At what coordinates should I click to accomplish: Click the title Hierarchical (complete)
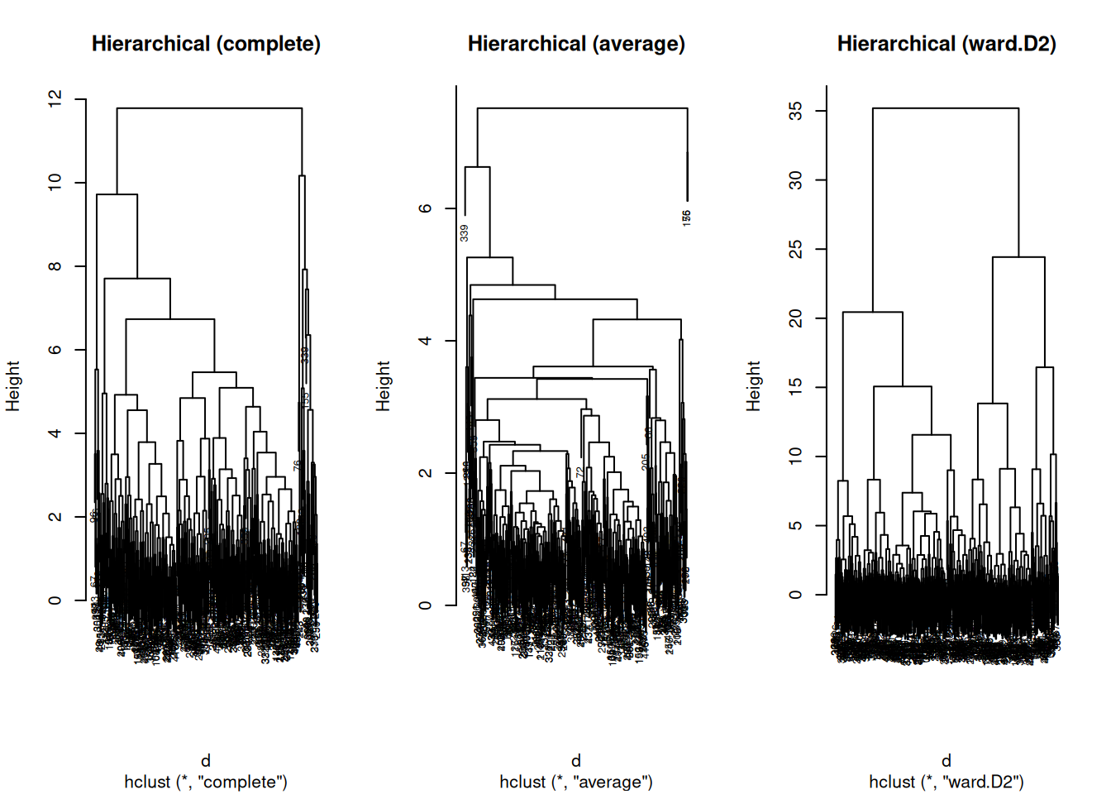coord(206,44)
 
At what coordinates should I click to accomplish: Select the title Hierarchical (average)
coord(576,44)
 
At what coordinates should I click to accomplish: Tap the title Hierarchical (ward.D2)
coord(946,44)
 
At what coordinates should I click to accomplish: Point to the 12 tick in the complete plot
coord(55,99)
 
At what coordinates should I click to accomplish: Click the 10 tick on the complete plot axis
coord(55,182)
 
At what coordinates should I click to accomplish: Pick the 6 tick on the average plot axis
coord(426,208)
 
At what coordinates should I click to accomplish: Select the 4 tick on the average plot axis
coord(426,341)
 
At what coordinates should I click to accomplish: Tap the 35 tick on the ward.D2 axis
coord(796,111)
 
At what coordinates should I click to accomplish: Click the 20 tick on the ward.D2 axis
coord(796,318)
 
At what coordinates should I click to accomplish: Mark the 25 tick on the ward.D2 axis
coord(796,249)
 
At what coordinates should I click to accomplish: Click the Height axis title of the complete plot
coord(13,385)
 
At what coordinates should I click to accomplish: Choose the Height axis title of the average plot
coord(383,385)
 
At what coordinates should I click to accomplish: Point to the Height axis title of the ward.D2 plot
coord(753,385)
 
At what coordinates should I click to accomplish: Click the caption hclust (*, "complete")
coord(206,782)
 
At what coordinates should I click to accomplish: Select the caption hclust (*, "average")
coord(576,782)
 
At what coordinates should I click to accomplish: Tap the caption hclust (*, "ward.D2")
coord(946,782)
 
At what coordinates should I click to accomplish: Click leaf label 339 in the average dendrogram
coord(465,233)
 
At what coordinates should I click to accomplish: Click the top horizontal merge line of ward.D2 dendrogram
coord(946,108)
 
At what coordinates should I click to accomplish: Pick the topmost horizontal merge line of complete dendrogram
coord(209,108)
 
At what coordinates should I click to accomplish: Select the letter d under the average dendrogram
coord(576,760)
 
